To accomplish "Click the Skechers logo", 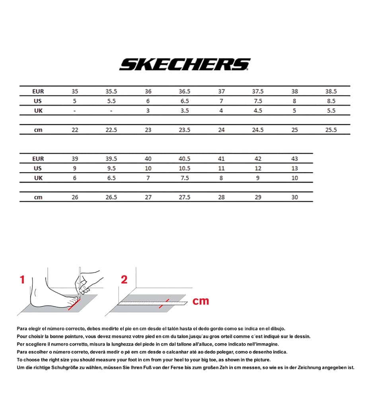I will coord(185,64).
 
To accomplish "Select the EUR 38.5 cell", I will coord(331,91).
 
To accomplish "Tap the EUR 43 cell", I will coord(294,158).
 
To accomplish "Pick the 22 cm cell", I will coord(75,130).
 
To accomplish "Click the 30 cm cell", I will coord(294,197).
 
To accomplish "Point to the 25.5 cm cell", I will coord(331,130).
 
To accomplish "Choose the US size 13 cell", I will coord(294,168).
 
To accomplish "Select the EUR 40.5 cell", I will coord(185,158).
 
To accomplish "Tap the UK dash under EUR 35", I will coord(75,111).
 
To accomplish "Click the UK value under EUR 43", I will coord(294,178).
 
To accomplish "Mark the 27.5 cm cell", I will coord(185,197).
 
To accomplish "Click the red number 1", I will coord(22,280).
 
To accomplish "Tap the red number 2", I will coord(124,280).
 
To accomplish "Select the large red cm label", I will coord(201,301).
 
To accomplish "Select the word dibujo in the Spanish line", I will coord(276,328).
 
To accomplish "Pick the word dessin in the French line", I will coord(301,336).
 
